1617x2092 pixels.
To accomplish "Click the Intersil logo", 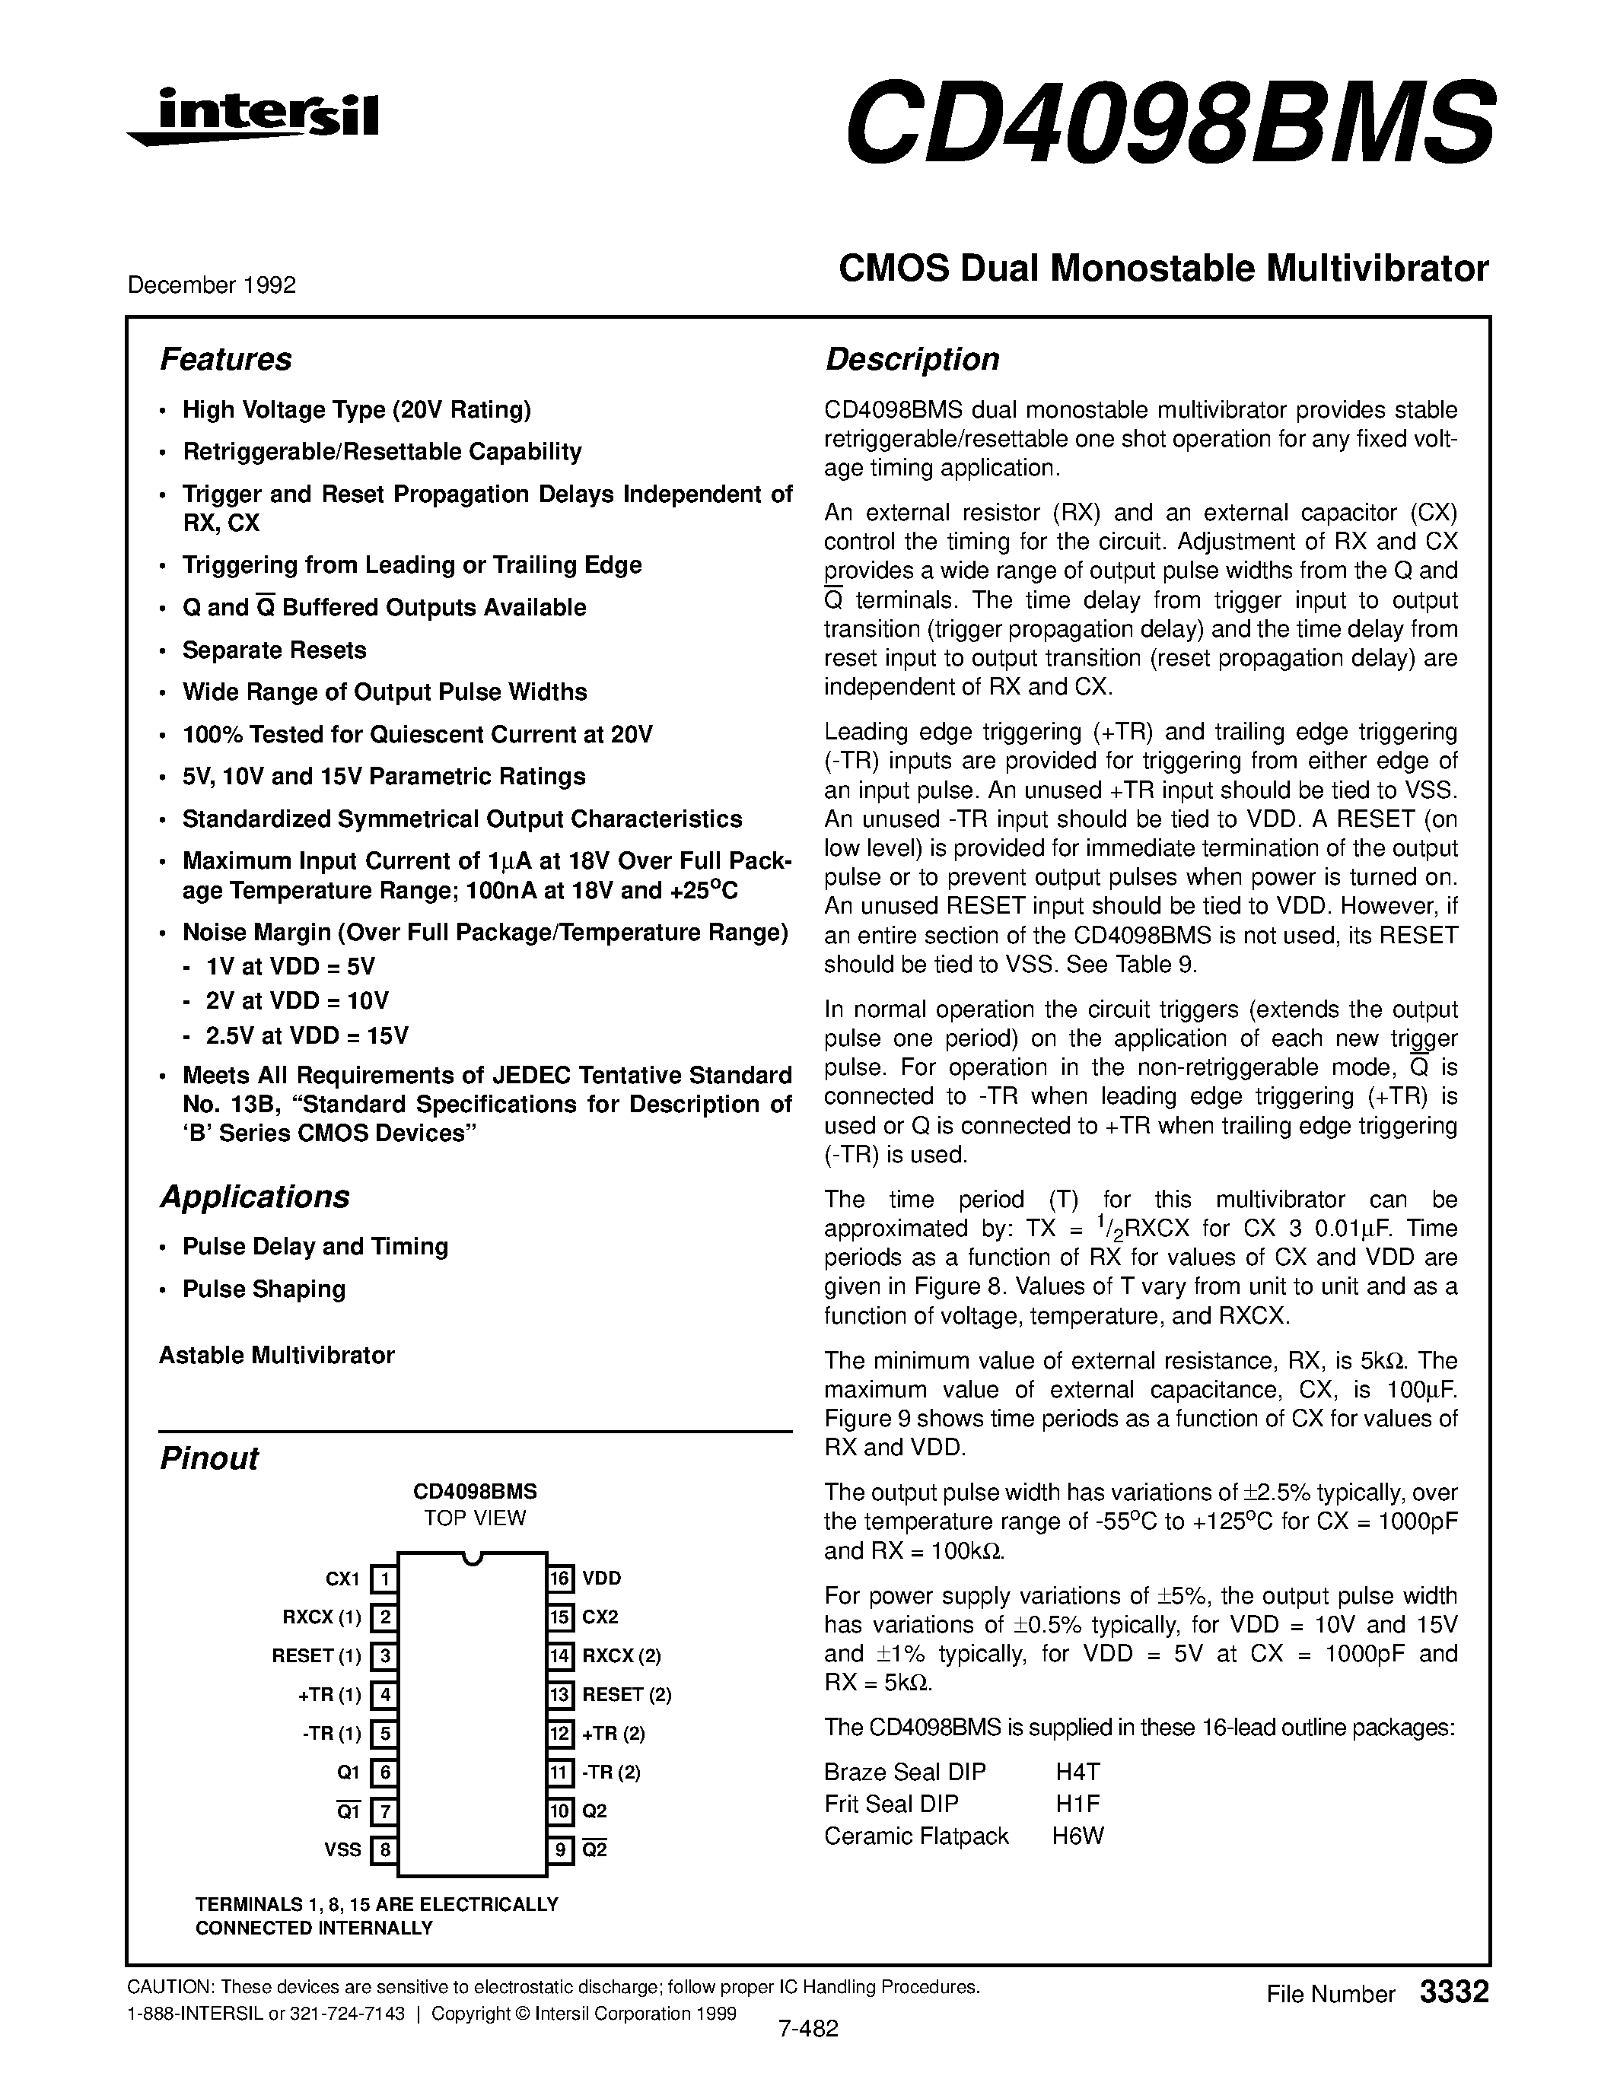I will pyautogui.click(x=254, y=117).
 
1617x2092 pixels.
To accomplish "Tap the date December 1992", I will pyautogui.click(x=211, y=285).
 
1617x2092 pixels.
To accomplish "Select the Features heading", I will pyautogui.click(x=225, y=359).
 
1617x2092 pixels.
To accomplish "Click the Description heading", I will pyautogui.click(x=912, y=359).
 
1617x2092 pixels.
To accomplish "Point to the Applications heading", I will pyautogui.click(x=254, y=1197).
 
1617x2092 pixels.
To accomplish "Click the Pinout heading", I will pyautogui.click(x=208, y=1458).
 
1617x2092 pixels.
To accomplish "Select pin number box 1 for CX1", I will pyautogui.click(x=384, y=1578).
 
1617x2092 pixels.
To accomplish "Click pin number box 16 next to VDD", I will pyautogui.click(x=560, y=1578).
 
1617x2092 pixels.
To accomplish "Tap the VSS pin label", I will pyautogui.click(x=343, y=1849).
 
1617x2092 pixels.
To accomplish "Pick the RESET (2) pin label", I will pyautogui.click(x=626, y=1694).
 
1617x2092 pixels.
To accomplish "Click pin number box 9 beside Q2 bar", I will pyautogui.click(x=560, y=1849).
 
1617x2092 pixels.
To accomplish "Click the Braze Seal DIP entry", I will pyautogui.click(x=904, y=1772).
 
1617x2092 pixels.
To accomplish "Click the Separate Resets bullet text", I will pyautogui.click(x=274, y=650).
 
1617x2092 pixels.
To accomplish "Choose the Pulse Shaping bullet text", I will pyautogui.click(x=263, y=1289).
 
